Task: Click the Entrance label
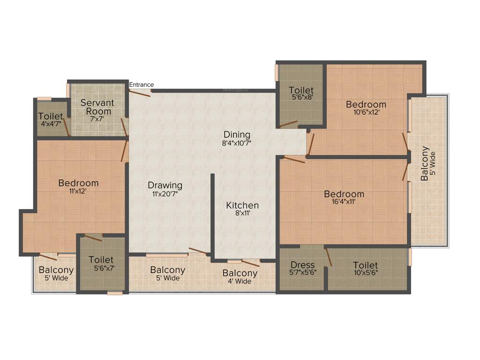click(141, 85)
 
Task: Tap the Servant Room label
click(97, 106)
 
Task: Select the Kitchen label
click(242, 205)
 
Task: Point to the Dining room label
click(237, 135)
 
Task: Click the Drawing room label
click(165, 185)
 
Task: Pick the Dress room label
click(302, 265)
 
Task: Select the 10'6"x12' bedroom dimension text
click(366, 112)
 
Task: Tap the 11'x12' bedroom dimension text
click(78, 191)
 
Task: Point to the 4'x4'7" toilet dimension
click(51, 125)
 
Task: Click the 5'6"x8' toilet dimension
click(301, 98)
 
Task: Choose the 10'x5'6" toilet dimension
click(365, 273)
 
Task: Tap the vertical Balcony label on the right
click(425, 164)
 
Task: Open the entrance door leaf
click(140, 92)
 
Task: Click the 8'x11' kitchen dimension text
click(242, 213)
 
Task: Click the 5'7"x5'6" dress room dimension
click(302, 273)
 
